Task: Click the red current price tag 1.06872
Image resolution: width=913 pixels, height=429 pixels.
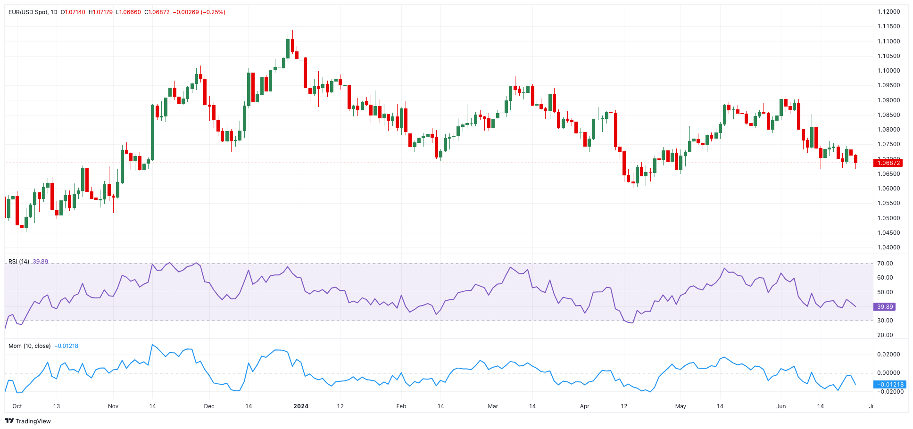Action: (888, 163)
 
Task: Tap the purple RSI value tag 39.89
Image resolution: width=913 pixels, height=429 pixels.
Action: (884, 307)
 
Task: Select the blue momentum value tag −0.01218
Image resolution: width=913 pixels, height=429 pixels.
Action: (890, 385)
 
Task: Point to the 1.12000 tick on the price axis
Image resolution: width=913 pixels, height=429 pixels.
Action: (888, 12)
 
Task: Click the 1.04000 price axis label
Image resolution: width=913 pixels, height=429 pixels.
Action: (888, 247)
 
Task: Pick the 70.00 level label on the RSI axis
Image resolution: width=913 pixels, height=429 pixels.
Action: (885, 264)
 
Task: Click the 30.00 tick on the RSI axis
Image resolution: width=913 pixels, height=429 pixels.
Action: (885, 321)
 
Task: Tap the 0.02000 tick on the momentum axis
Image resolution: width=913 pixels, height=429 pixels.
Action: (888, 355)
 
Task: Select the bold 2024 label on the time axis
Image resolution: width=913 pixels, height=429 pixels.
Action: (301, 406)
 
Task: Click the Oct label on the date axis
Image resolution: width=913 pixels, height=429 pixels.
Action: (17, 406)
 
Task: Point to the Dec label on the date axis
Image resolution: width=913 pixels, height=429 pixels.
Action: (209, 406)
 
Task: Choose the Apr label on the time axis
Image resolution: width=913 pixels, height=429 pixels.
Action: (584, 406)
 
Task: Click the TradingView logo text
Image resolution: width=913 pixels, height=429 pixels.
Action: (33, 421)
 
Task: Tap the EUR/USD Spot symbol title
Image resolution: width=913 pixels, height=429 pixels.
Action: (28, 12)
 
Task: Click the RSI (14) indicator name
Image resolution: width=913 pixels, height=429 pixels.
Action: (19, 262)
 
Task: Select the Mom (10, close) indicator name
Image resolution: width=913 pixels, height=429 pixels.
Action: (29, 346)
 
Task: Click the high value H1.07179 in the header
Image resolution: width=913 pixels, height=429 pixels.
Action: (100, 12)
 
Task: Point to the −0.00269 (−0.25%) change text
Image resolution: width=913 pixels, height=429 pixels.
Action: (199, 12)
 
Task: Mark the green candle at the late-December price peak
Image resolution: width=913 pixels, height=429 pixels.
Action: (288, 47)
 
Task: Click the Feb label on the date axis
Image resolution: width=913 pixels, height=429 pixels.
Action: (401, 406)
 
